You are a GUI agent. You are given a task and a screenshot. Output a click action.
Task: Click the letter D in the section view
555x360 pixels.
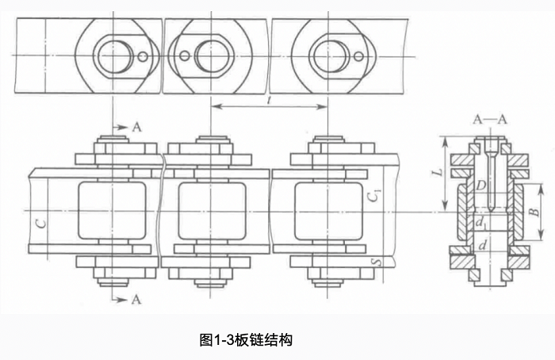[x=481, y=185]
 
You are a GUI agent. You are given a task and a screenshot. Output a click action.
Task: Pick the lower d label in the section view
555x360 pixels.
[x=481, y=247]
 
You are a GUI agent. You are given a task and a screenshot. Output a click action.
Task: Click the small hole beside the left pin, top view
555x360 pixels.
[x=142, y=56]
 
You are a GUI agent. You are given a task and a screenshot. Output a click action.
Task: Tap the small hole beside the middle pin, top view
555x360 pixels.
[x=184, y=56]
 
